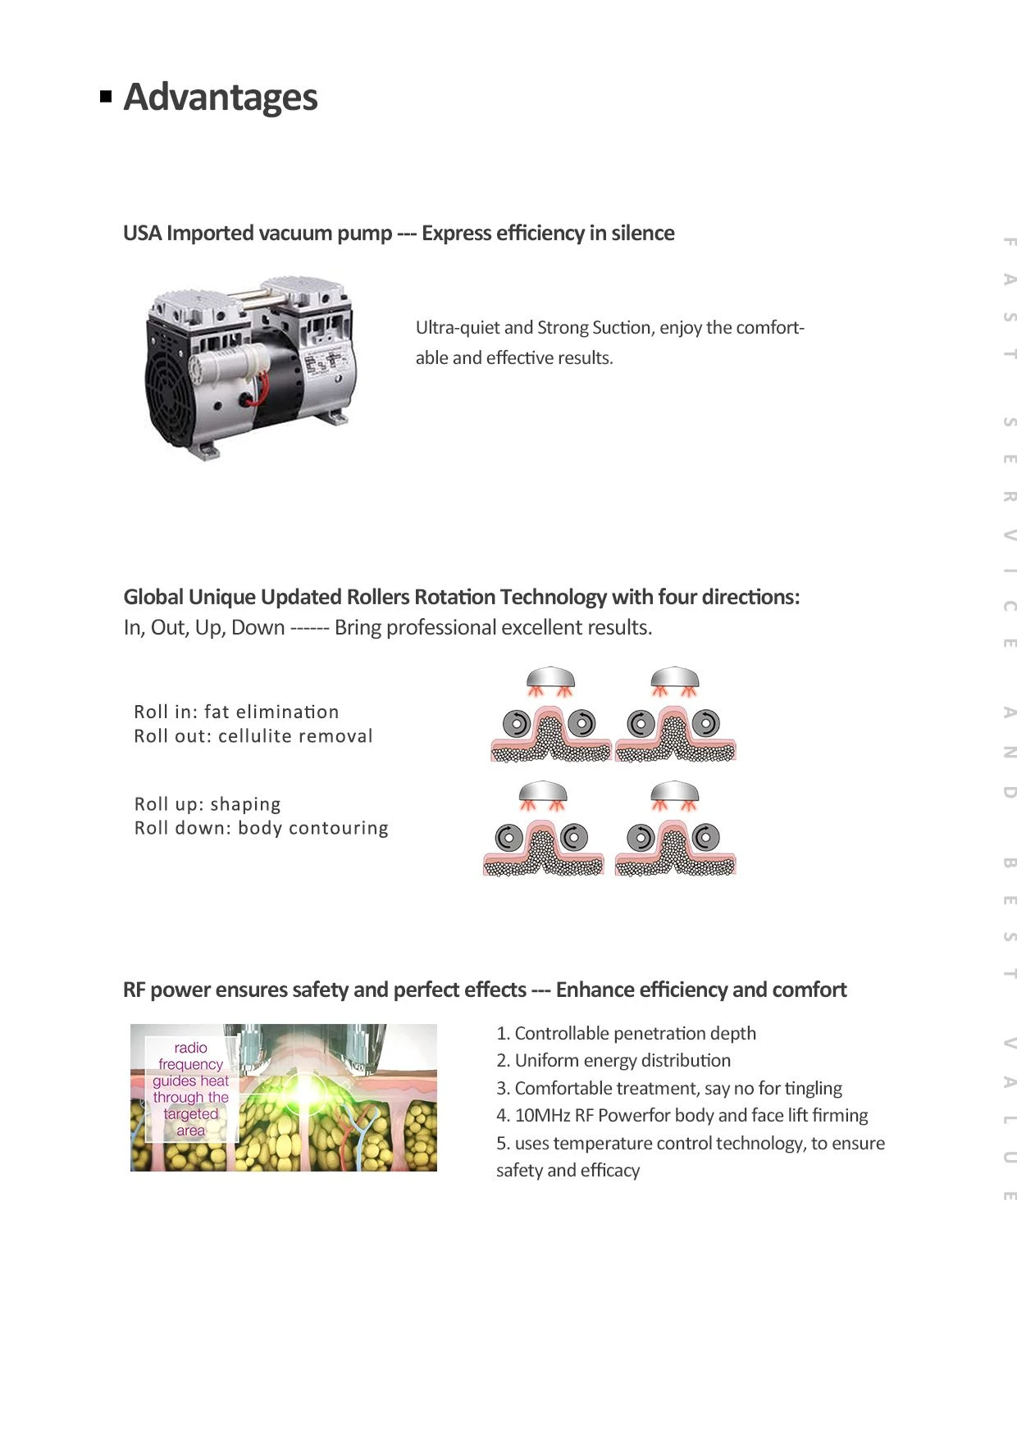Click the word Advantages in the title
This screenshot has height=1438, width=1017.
(221, 98)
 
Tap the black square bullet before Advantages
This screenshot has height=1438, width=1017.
(106, 97)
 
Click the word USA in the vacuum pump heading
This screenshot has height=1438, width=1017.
(143, 234)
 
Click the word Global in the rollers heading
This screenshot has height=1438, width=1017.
(153, 597)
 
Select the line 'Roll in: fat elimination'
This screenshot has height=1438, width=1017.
(236, 712)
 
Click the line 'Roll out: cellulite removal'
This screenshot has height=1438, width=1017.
(253, 736)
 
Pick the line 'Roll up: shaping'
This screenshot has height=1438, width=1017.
(208, 804)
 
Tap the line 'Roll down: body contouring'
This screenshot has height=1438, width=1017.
(262, 828)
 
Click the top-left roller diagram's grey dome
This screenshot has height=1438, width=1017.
(551, 678)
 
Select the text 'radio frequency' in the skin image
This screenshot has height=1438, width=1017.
(190, 1056)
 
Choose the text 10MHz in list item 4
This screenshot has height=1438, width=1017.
(542, 1116)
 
